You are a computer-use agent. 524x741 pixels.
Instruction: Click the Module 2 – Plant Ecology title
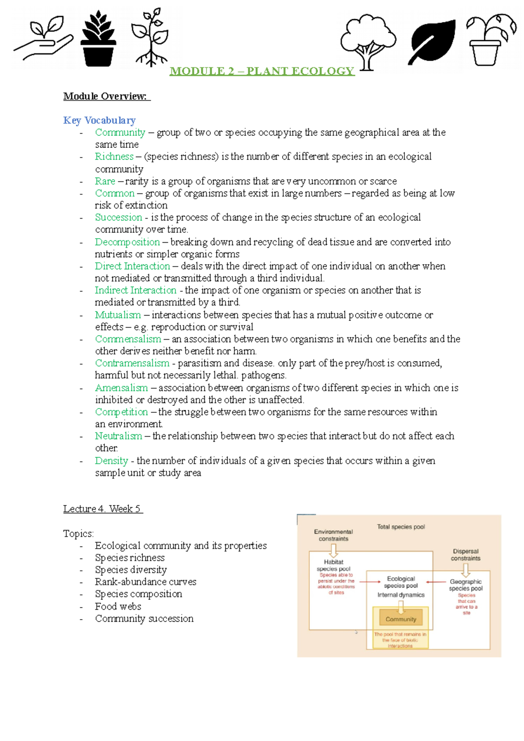[x=262, y=71]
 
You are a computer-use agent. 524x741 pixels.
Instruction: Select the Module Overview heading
[x=106, y=96]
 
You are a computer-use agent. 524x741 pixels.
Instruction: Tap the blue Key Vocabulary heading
[x=99, y=120]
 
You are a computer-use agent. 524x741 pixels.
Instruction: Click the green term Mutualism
[x=117, y=315]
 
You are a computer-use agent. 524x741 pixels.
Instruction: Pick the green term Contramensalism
[x=132, y=363]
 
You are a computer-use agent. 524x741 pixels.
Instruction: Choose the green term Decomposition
[x=127, y=242]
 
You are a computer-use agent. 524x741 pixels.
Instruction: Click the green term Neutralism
[x=118, y=436]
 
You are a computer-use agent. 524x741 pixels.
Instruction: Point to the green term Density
[x=111, y=461]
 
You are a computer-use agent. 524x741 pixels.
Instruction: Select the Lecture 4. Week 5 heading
[x=103, y=509]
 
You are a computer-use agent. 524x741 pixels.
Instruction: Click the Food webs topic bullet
[x=118, y=607]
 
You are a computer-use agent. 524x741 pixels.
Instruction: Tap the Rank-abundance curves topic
[x=145, y=582]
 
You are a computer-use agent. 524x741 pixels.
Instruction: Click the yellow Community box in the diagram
[x=401, y=619]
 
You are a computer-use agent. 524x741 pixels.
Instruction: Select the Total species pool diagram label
[x=401, y=527]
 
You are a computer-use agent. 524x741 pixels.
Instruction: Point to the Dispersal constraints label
[x=465, y=555]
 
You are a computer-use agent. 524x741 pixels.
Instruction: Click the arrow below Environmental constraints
[x=334, y=550]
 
